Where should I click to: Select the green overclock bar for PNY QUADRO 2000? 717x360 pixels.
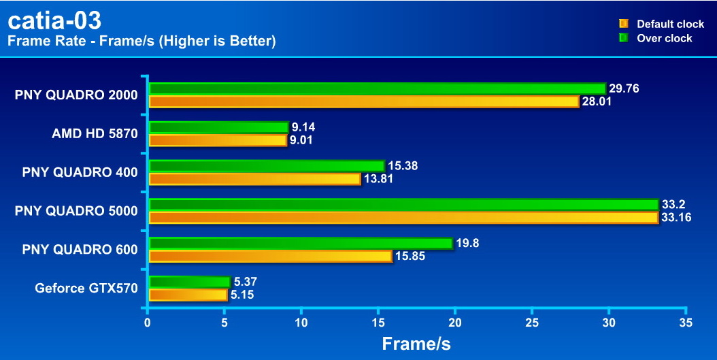coord(377,88)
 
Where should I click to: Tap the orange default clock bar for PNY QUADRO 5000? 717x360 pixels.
coord(403,218)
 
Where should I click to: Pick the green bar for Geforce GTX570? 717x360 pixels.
coord(190,282)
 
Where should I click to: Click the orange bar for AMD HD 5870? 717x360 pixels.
coord(218,140)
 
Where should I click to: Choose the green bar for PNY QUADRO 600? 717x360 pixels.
coord(301,243)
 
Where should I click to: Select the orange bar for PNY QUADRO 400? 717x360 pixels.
coord(254,179)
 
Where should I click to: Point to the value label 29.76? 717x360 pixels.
coord(624,88)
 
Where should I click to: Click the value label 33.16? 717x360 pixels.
coord(678,218)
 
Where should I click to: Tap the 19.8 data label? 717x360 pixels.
coord(469,243)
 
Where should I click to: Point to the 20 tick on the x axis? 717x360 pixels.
coord(455,322)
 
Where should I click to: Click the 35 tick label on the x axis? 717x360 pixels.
coord(686,322)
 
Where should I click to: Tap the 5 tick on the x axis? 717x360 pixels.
coord(224,322)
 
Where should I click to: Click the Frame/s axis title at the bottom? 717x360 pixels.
coord(416,344)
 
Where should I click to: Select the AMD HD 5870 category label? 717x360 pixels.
coord(95,133)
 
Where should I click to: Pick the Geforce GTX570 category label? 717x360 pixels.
coord(86,289)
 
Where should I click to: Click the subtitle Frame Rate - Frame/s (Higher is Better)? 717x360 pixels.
coord(141,42)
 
